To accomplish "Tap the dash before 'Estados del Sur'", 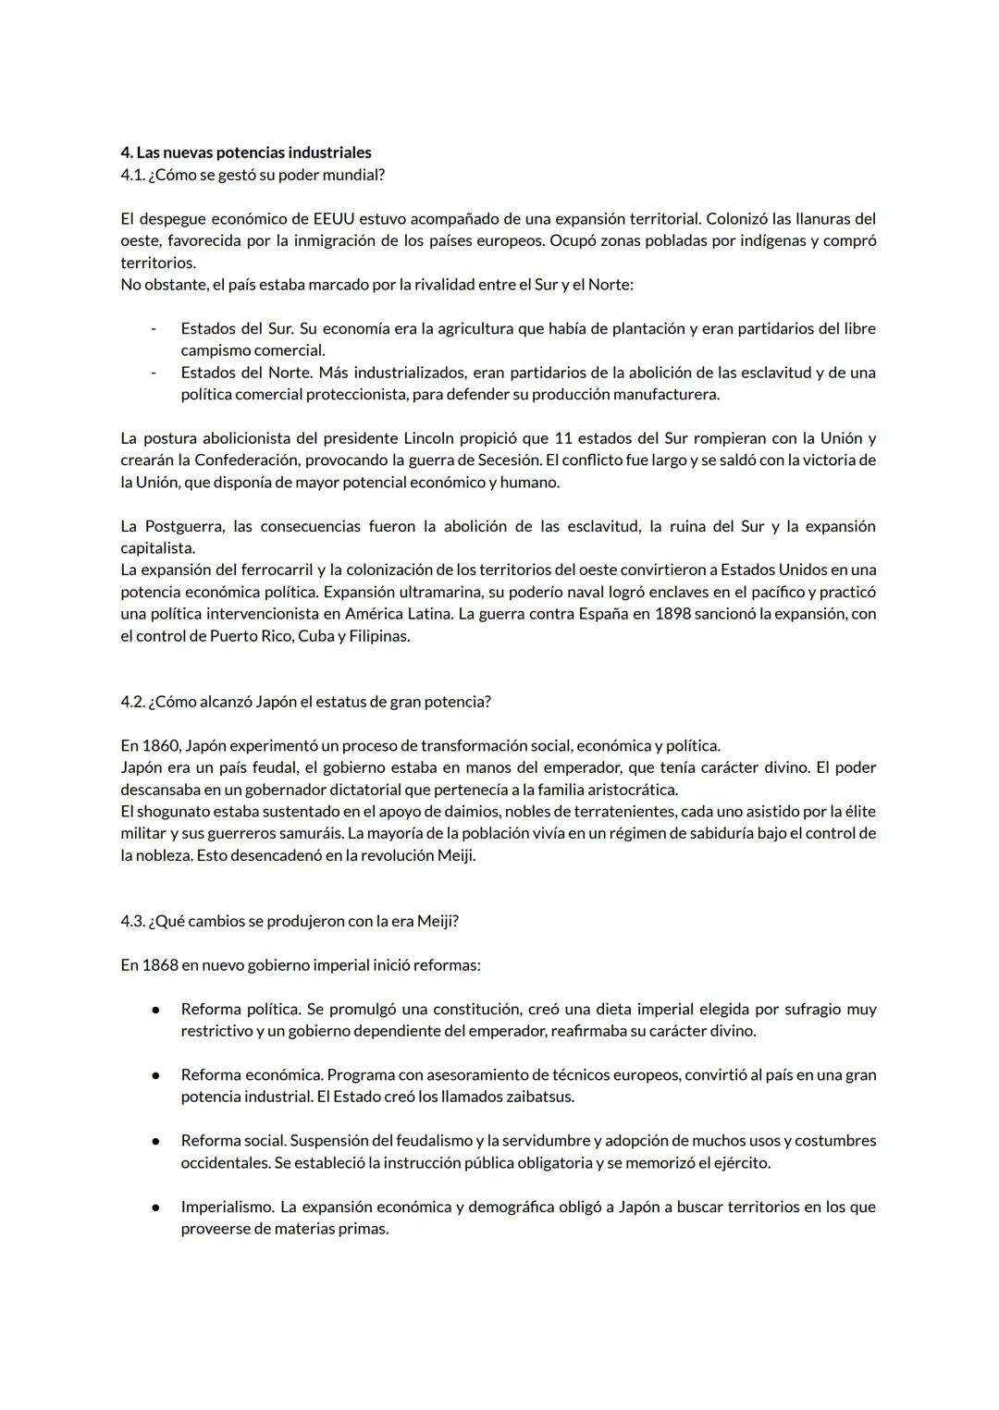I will (154, 329).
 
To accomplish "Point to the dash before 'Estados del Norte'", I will (154, 373).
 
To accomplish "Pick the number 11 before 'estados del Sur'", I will (564, 438).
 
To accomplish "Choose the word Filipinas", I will (378, 636).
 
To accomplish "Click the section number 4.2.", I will (132, 702).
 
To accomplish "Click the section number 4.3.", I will (132, 921).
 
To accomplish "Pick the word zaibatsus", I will (540, 1097).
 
